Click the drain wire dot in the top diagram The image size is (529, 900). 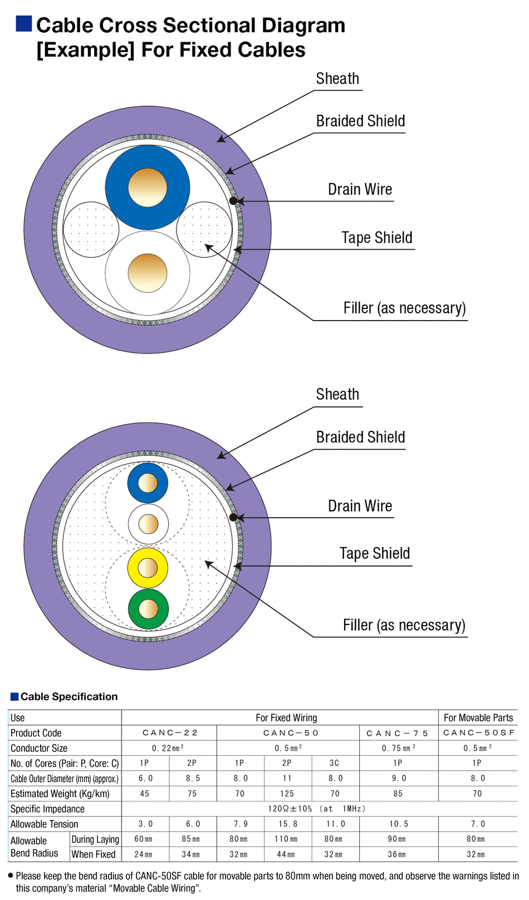(234, 201)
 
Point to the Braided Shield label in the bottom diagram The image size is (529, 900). (360, 437)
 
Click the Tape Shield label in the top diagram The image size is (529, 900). (377, 238)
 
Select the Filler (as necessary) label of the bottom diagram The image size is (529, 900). (404, 626)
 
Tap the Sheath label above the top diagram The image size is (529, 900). (337, 79)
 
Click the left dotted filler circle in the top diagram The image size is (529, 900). (91, 229)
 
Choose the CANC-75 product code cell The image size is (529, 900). (398, 733)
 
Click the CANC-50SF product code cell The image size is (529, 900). (478, 733)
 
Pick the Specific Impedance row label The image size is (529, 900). (48, 809)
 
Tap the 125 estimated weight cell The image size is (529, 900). (287, 794)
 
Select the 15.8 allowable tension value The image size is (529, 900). (287, 824)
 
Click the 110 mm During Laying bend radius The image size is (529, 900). (286, 839)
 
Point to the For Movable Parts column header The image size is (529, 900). (478, 718)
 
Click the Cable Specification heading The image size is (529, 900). (69, 697)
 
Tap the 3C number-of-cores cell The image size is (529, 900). (334, 763)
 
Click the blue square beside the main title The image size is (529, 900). (24, 24)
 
